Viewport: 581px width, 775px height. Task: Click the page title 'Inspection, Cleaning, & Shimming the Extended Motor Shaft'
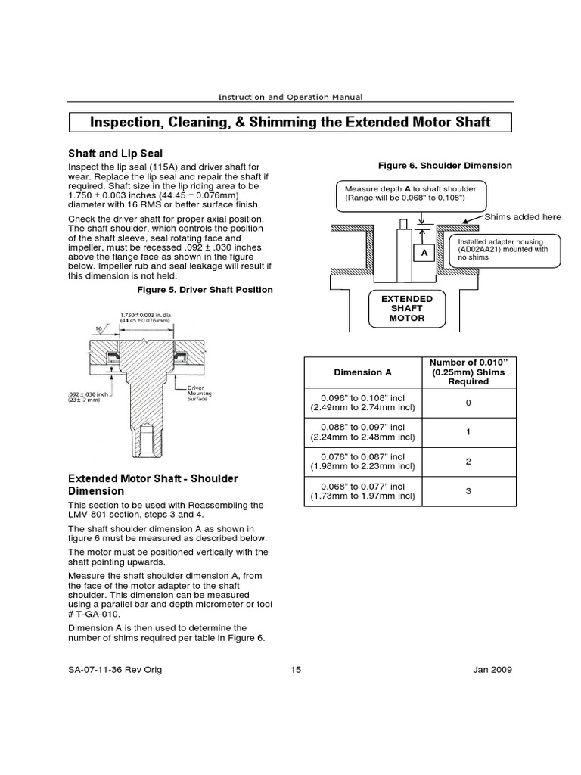click(290, 122)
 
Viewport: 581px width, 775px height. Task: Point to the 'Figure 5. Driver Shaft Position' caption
click(205, 290)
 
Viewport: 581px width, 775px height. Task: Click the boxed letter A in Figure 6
click(424, 252)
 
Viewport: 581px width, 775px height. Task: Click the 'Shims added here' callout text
click(523, 217)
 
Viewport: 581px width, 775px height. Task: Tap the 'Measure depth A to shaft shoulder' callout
click(412, 193)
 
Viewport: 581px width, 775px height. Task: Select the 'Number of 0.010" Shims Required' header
click(468, 372)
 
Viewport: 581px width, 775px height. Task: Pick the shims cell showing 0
click(468, 402)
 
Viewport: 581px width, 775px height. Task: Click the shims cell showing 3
click(468, 491)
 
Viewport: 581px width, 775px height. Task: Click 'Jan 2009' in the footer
click(491, 670)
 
